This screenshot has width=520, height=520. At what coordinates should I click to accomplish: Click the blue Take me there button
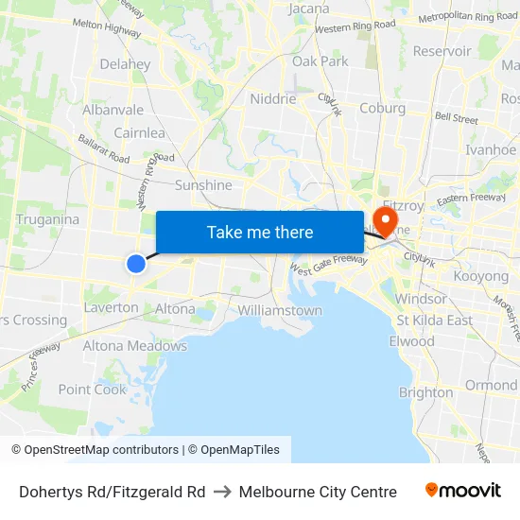point(260,232)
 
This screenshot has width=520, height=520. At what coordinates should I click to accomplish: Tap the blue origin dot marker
point(136,264)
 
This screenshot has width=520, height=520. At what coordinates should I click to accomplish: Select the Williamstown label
point(280,310)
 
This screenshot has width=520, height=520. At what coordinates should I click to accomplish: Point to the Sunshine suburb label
point(203,185)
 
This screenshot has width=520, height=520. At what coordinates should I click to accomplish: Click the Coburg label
point(382,108)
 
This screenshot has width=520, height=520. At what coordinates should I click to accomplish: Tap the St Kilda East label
point(434,320)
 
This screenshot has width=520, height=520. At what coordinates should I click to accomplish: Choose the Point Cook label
point(92,390)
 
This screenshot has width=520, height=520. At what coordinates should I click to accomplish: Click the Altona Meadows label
point(135,346)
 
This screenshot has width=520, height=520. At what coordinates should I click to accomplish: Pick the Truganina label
point(47,219)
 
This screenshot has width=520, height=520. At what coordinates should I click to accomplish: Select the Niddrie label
point(273,98)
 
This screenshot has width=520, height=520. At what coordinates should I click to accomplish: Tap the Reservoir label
point(442,51)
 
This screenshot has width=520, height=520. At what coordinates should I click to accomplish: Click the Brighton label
point(425,392)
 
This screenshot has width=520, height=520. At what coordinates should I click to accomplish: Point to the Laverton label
point(111,307)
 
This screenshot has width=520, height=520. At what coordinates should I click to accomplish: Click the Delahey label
point(125,64)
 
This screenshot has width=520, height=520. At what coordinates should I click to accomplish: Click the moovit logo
point(462,491)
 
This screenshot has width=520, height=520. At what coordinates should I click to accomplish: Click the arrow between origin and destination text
point(222,492)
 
